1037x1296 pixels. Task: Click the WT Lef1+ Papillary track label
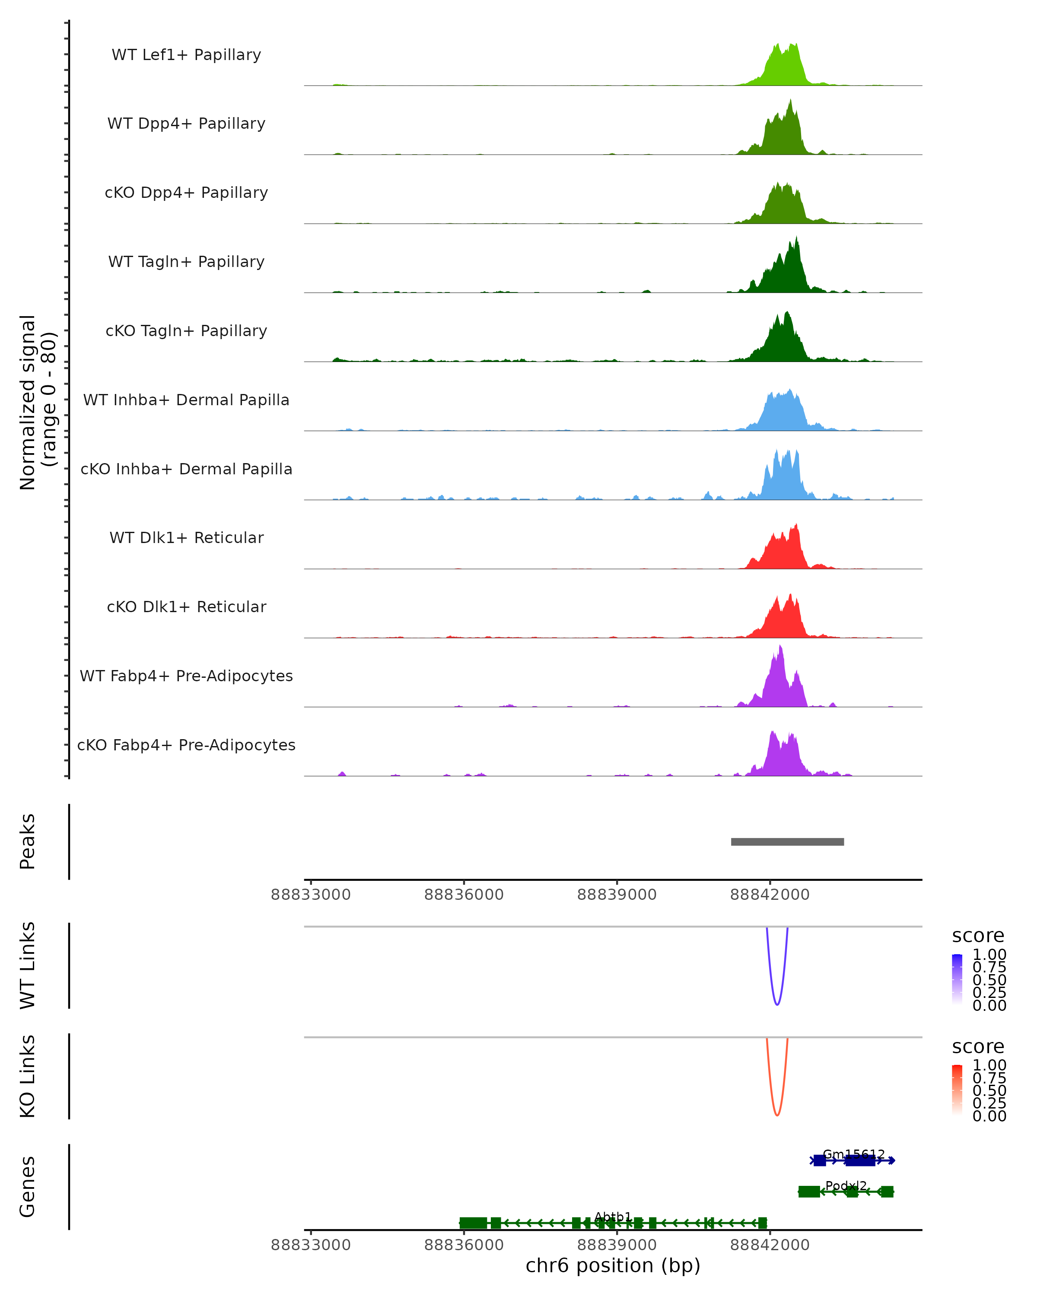point(186,55)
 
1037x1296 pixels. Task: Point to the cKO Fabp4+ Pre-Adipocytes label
point(186,745)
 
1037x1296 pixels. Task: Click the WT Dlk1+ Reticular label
point(186,537)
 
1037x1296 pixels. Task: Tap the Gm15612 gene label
point(854,1154)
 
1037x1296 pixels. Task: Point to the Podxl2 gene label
point(846,1185)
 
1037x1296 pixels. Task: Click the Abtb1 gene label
point(613,1217)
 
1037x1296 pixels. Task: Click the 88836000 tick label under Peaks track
point(464,895)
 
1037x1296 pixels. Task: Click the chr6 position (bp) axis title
point(613,1265)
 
